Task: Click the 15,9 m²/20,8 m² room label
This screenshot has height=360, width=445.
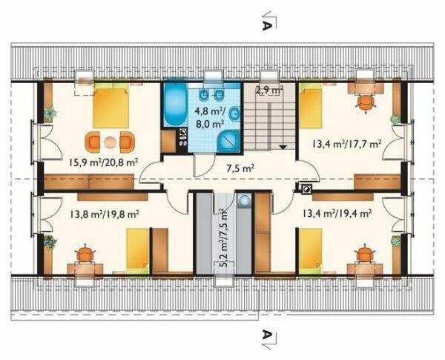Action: [103, 163]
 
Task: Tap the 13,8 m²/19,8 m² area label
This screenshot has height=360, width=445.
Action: [104, 213]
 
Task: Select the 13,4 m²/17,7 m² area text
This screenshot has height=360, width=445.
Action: [346, 144]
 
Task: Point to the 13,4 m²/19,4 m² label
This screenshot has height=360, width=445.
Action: [337, 213]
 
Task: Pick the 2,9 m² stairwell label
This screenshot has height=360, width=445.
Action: [270, 91]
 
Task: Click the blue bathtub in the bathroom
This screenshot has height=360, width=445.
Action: [175, 105]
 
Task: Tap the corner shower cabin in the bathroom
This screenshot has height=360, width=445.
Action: [229, 141]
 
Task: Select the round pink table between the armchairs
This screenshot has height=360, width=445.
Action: [110, 142]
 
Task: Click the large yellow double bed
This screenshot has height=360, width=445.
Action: [111, 108]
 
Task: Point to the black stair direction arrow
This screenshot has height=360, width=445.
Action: [283, 147]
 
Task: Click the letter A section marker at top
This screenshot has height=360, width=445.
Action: [266, 26]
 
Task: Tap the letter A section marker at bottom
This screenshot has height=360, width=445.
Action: [266, 335]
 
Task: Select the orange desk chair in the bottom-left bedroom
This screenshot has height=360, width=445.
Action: [85, 254]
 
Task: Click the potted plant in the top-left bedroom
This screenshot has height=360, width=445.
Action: [50, 113]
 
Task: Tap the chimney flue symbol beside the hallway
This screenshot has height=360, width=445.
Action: [306, 189]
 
